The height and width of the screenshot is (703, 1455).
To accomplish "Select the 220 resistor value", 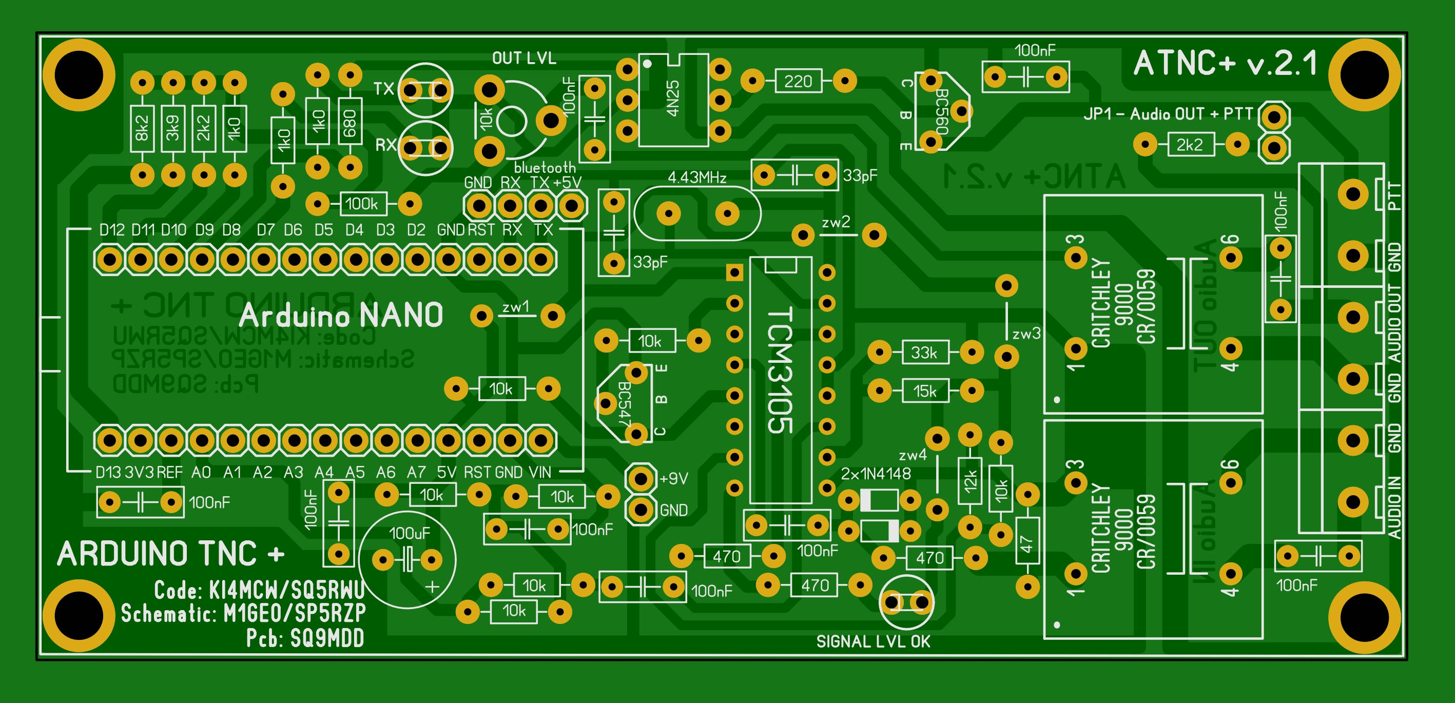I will click(798, 81).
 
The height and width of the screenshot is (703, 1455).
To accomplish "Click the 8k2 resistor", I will click(142, 128).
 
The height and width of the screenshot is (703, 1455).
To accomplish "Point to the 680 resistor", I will click(350, 123).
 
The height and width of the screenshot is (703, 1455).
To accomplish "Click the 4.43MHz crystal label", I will click(696, 178).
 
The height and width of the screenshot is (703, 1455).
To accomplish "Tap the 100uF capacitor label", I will click(409, 533).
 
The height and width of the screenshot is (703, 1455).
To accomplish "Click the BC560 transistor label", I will click(941, 110).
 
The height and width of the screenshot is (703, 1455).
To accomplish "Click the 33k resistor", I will click(925, 353).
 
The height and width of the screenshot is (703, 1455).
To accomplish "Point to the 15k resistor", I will click(925, 390).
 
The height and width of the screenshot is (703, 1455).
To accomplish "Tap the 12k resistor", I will click(970, 480).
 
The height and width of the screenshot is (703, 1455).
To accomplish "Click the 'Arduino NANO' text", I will click(341, 315).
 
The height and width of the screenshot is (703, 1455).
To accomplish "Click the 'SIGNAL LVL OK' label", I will click(872, 641).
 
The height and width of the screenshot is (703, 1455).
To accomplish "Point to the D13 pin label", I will click(108, 472).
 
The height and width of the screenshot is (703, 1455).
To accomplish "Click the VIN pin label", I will click(539, 472).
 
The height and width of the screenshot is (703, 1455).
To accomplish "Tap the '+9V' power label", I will click(673, 479).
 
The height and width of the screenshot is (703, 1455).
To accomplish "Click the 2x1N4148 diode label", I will click(876, 474).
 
